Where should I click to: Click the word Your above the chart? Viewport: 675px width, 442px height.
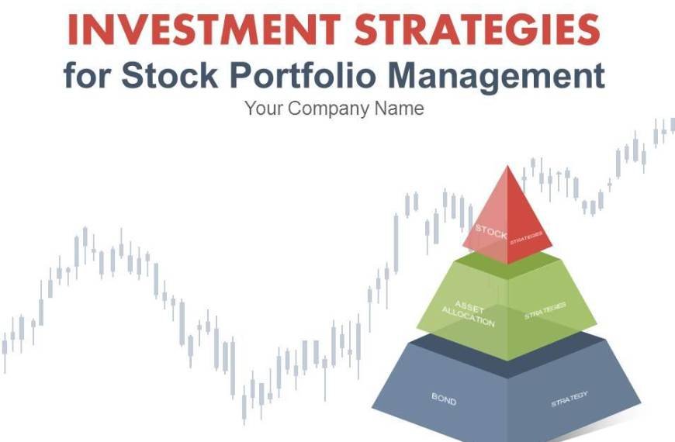[x=264, y=109]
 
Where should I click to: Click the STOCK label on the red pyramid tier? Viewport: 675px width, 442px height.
[x=490, y=230]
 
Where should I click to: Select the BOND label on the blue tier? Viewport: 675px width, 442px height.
[x=444, y=399]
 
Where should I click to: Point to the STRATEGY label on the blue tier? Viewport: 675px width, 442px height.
[x=569, y=399]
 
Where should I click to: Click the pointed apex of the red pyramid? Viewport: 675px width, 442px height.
[x=508, y=167]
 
